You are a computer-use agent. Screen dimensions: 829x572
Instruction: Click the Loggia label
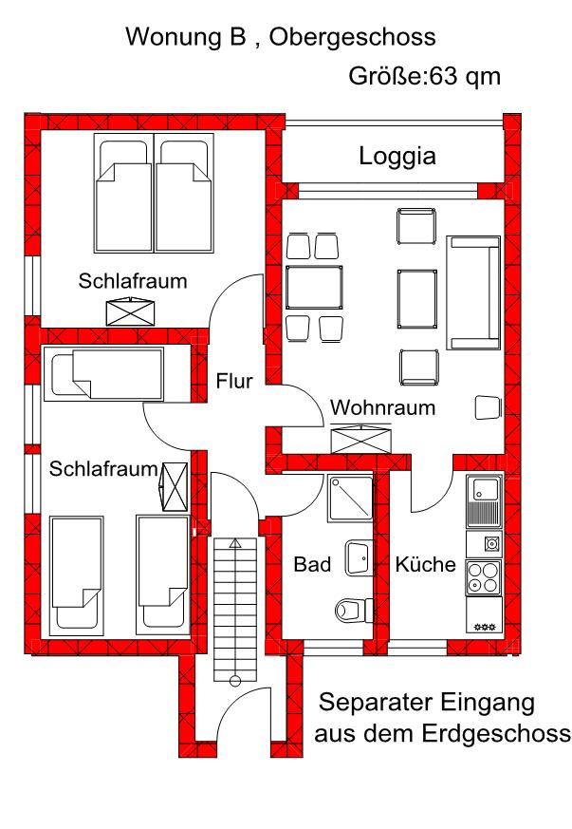click(x=397, y=157)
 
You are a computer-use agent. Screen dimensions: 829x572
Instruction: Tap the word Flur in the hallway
click(x=233, y=382)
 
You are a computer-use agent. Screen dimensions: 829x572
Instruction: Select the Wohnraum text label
click(x=382, y=408)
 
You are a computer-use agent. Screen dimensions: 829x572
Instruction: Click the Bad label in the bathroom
click(x=311, y=565)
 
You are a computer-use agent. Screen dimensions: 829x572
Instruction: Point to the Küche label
click(x=426, y=565)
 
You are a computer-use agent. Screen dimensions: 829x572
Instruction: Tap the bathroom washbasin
click(x=359, y=556)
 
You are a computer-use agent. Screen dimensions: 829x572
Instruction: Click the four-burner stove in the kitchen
click(x=485, y=577)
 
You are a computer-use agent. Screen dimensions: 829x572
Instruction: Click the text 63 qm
click(x=465, y=76)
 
